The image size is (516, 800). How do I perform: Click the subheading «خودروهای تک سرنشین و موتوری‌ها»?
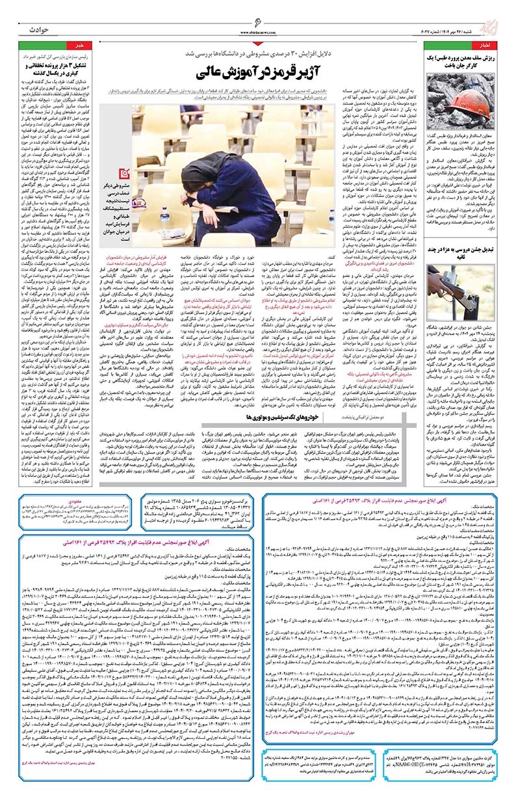[274, 396]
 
